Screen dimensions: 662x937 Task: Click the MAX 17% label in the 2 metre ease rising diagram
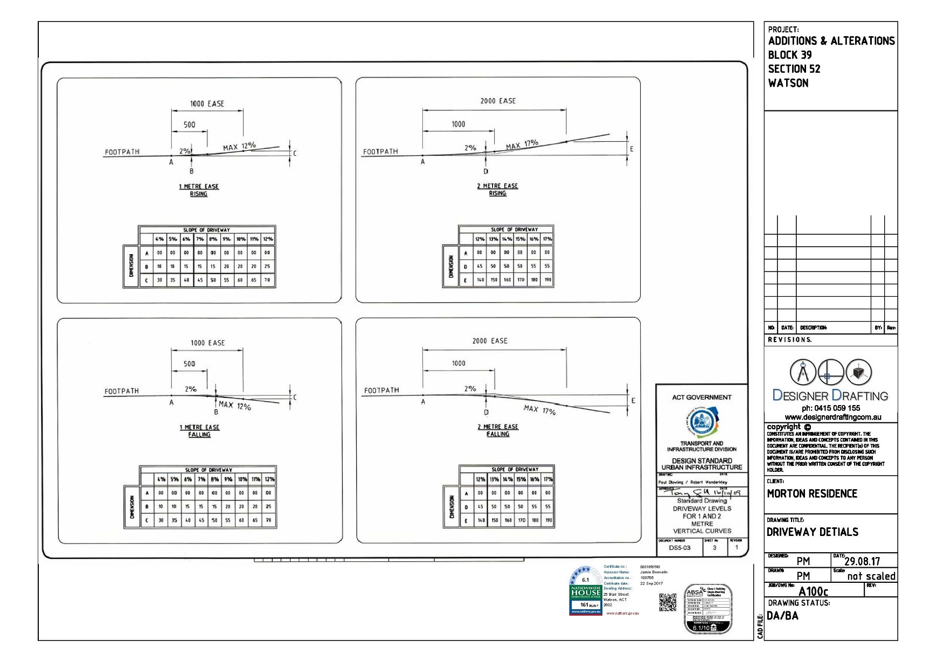(x=522, y=144)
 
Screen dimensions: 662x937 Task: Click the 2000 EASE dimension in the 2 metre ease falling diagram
(x=489, y=341)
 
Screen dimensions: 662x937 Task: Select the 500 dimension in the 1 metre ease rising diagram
(x=189, y=125)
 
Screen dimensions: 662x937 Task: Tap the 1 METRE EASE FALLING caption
(x=199, y=431)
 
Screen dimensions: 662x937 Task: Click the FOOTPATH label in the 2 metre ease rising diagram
(x=380, y=152)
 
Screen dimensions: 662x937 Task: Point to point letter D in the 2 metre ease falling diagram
(x=486, y=413)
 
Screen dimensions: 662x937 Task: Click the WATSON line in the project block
(x=788, y=83)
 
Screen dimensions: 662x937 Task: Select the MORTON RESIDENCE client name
(x=811, y=494)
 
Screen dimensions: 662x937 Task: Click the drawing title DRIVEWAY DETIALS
(x=812, y=532)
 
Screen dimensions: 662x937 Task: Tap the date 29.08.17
(x=862, y=562)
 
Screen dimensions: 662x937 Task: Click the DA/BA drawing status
(x=783, y=616)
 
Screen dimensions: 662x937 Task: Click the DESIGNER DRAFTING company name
(x=830, y=396)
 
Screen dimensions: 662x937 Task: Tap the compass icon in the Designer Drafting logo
(x=802, y=372)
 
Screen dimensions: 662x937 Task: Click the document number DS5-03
(x=679, y=548)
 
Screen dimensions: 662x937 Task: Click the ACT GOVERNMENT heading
(x=702, y=398)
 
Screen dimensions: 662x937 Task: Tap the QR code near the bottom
(x=668, y=603)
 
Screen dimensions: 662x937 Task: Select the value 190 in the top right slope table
(x=547, y=280)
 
